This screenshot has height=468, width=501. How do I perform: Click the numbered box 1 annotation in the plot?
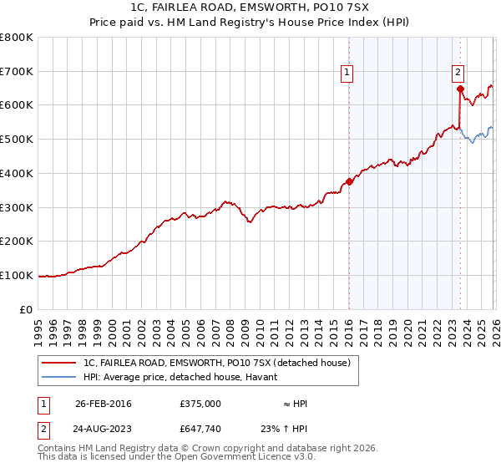click(x=347, y=74)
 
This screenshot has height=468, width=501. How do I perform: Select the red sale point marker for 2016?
click(x=349, y=181)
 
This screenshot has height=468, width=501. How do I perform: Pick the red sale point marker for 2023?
click(x=460, y=89)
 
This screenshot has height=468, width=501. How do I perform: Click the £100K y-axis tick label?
click(x=17, y=275)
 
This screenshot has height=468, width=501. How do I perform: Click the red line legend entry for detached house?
click(x=221, y=362)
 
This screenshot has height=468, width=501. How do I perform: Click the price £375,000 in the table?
click(x=200, y=404)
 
